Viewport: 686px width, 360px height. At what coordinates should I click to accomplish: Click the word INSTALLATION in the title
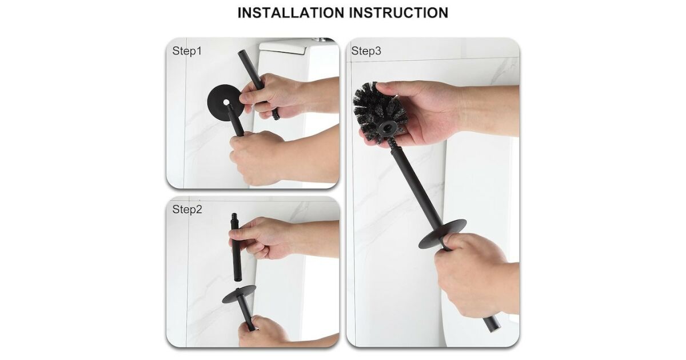tap(291, 13)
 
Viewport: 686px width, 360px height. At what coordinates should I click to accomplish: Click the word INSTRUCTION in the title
tap(399, 13)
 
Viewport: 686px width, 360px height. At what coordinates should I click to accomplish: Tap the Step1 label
tap(187, 51)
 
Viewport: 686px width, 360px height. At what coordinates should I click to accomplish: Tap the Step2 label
tap(187, 209)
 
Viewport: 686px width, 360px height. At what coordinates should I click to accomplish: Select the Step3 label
tap(366, 51)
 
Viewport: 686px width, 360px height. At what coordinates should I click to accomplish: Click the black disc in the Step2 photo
tap(239, 294)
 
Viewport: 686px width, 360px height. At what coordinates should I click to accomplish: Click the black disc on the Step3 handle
tap(442, 234)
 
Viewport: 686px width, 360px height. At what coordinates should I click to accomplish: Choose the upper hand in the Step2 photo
tap(276, 237)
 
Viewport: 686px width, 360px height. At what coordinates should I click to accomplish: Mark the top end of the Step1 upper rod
tap(241, 52)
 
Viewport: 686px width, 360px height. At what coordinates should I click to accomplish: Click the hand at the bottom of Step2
tap(276, 332)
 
